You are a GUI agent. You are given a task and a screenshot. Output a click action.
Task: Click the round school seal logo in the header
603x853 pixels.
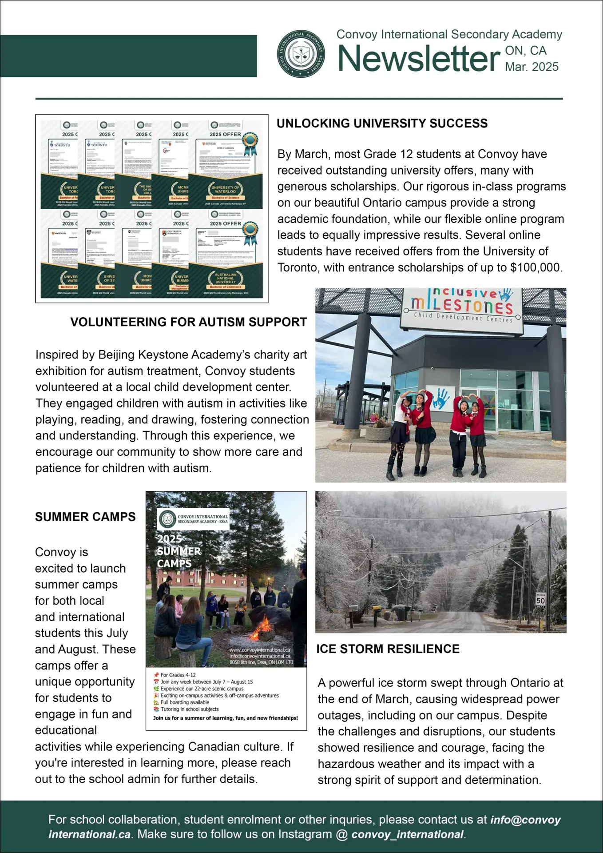pos(301,54)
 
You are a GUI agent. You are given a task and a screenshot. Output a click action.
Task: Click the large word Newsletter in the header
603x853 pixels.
pos(418,59)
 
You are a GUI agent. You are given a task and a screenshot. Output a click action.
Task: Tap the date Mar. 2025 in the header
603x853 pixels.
pos(532,67)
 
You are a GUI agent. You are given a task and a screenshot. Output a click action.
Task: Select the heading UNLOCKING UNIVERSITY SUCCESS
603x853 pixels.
pos(382,124)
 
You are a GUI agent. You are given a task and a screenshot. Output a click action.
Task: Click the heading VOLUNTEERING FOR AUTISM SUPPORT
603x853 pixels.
pos(188,322)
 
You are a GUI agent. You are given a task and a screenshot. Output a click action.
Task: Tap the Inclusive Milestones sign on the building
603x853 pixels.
pos(462,306)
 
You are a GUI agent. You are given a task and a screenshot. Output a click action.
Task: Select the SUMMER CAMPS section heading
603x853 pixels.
pos(85,517)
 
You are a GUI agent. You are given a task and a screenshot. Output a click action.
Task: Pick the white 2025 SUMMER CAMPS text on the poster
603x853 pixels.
pos(179,551)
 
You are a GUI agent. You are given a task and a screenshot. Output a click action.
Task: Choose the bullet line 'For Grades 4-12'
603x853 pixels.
pos(178,675)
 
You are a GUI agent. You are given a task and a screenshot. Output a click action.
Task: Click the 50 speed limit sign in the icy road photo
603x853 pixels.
pos(540,601)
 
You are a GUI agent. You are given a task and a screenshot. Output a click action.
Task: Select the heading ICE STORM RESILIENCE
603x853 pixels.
pos(388,649)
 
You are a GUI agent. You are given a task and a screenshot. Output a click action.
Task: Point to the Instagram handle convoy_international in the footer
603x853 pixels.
pos(407,834)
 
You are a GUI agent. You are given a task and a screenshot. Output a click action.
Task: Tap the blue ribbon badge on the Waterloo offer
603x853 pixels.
pos(250,143)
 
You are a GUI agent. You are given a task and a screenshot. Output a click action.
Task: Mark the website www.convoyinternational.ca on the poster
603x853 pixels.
pos(260,650)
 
